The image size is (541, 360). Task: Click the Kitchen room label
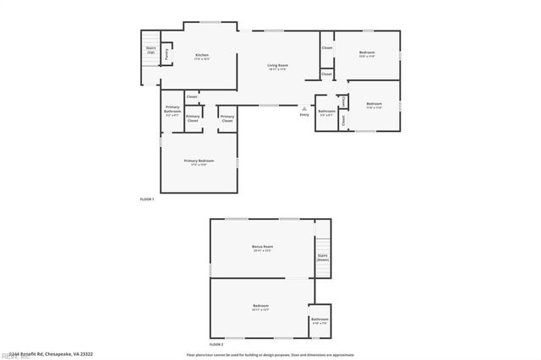point(201,56)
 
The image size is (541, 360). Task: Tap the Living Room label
point(278,67)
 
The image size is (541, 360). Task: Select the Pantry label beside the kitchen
point(167,53)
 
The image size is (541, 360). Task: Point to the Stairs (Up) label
point(150,51)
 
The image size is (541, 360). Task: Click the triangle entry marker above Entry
point(303,107)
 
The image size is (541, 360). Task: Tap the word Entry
point(303,115)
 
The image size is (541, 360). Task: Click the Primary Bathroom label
point(172,109)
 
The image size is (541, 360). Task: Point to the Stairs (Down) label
point(322,257)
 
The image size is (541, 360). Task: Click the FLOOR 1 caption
point(146,199)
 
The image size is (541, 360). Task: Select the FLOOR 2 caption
point(216,344)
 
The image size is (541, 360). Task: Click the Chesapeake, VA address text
point(51,354)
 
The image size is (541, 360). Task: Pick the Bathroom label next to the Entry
point(326,112)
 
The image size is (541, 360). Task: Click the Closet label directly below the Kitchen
point(192,97)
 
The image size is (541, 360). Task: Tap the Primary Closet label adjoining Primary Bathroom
point(193,119)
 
